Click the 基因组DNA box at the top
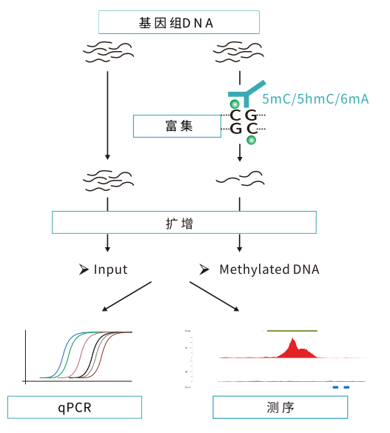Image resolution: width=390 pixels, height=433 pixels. [178, 22]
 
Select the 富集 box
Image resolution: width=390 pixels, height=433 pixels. [178, 126]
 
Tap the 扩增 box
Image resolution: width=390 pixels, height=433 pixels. [184, 222]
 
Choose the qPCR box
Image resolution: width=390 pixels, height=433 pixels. [75, 408]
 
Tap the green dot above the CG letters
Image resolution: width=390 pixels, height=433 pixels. [235, 104]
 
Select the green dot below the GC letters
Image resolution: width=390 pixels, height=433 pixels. [252, 139]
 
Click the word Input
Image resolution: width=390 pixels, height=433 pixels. [110, 269]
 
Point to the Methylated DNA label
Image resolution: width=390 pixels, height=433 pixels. [269, 269]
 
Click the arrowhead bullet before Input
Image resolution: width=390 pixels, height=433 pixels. [84, 269]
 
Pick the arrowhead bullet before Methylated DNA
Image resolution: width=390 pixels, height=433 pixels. [205, 269]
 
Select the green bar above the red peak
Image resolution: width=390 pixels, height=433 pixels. [292, 329]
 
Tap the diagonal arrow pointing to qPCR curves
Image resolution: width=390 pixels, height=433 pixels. [127, 297]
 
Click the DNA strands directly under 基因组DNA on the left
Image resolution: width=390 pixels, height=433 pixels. [108, 54]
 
